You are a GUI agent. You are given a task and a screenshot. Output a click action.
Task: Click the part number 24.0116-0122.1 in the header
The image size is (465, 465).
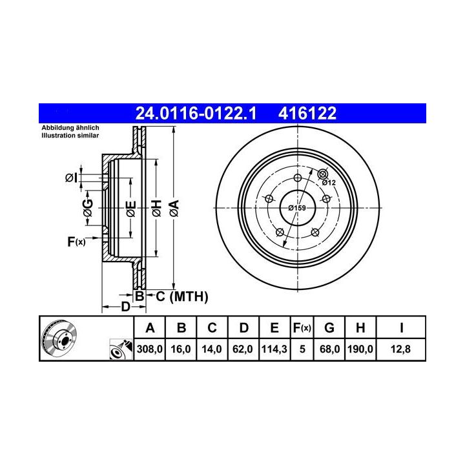pos(196,113)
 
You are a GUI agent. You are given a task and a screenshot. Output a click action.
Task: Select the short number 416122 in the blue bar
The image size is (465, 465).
pos(307,113)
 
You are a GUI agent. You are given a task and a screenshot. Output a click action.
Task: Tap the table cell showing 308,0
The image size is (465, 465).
pos(150,349)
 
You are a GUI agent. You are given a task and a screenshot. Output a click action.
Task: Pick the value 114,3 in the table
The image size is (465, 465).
pos(274,349)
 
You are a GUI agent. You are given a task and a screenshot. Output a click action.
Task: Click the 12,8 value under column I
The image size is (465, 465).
pos(400,349)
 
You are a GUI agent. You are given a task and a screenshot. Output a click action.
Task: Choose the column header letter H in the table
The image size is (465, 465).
pos(360,328)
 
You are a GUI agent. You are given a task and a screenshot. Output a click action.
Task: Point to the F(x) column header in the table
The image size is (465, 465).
pos(302,328)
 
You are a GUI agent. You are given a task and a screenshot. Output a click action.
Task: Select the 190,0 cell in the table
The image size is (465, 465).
pos(360,349)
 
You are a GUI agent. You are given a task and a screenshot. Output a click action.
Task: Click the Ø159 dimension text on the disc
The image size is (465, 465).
pos(297,208)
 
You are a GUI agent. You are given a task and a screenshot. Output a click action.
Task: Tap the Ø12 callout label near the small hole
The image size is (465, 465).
pos(329,183)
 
